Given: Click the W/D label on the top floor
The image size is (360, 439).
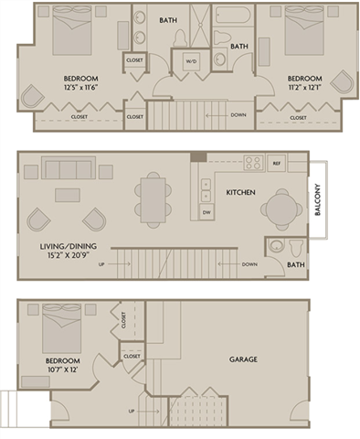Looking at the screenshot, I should (192, 62).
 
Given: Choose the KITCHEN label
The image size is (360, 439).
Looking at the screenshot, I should (240, 192).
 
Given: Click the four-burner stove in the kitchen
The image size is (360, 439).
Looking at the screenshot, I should (252, 163).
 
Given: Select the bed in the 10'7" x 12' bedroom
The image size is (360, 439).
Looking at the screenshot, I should (58, 327).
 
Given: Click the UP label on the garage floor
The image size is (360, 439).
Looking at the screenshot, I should (132, 412).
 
